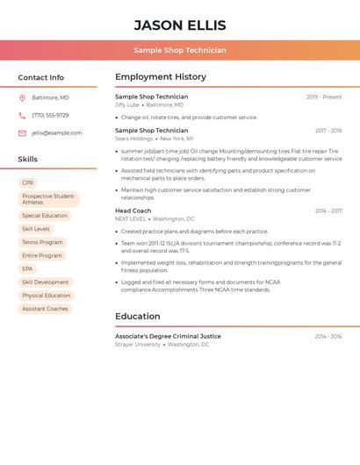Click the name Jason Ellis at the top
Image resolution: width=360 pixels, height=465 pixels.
pos(180,25)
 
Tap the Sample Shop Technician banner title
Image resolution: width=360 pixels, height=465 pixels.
pos(180,50)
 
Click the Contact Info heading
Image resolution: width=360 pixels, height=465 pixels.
pos(40,77)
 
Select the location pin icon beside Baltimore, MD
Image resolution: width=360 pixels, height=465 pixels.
pos(22,97)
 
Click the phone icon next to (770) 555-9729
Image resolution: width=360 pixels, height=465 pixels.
pos(22,115)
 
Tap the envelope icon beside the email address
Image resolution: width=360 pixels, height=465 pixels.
pos(22,133)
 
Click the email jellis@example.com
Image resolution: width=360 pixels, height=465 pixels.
pos(57,133)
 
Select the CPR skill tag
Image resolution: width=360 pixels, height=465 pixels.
pos(28,183)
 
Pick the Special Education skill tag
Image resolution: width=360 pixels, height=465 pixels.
pos(45,215)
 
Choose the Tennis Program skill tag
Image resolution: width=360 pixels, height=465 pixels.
pos(42,242)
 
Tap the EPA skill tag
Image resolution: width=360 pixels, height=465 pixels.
pos(27,268)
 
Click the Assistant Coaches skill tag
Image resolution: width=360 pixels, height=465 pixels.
pos(45,309)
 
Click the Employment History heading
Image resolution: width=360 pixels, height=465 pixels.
pos(161,77)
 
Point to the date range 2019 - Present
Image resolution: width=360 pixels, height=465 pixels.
pos(324,97)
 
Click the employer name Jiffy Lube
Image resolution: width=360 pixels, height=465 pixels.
pos(127,104)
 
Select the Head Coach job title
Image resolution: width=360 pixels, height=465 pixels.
pos(133,211)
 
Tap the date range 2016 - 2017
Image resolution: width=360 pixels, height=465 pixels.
pos(328,211)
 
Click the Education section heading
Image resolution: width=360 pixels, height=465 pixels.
pos(138,317)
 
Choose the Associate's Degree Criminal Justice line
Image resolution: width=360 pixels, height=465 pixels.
pos(168,336)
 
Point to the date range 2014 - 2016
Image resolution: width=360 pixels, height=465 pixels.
pos(328,336)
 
